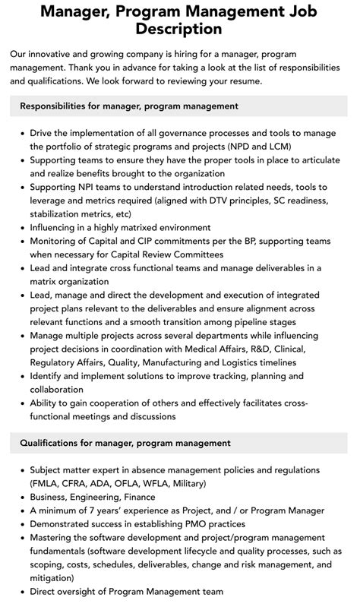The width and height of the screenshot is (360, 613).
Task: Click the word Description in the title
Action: click(x=179, y=30)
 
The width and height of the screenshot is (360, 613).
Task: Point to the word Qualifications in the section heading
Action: click(x=57, y=443)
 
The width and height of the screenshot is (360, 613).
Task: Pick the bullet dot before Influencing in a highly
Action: click(x=21, y=227)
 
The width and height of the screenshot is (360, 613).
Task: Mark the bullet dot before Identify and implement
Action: click(x=21, y=376)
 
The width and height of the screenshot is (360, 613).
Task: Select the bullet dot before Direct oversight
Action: click(x=21, y=592)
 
